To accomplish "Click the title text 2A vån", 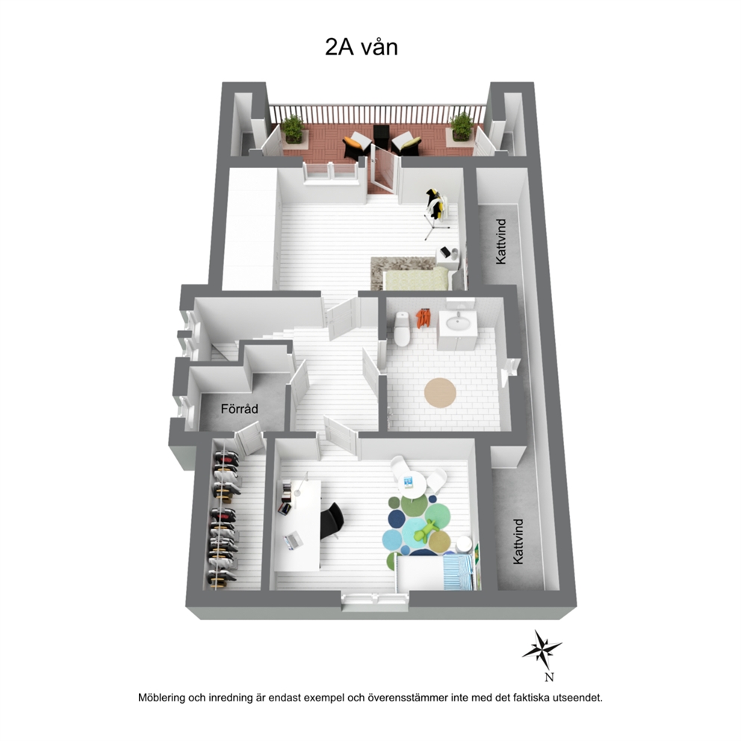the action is (x=362, y=47).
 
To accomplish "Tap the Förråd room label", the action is (x=240, y=409).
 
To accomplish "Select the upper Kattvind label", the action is (x=501, y=241).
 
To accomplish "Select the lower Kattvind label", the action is (x=518, y=542).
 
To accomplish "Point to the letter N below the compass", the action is (x=549, y=678).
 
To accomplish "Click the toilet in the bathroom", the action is (x=402, y=329).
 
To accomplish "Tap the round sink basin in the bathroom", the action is (x=458, y=323).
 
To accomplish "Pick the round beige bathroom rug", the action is (x=440, y=392).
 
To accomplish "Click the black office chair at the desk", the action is (x=332, y=521).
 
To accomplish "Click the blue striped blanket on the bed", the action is (x=459, y=572).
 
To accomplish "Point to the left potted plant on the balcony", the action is (x=293, y=128).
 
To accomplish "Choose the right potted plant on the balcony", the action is (x=461, y=127).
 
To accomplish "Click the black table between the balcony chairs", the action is (x=381, y=136).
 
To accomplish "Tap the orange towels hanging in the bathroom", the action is (x=423, y=318).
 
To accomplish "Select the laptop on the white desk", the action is (x=293, y=540).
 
